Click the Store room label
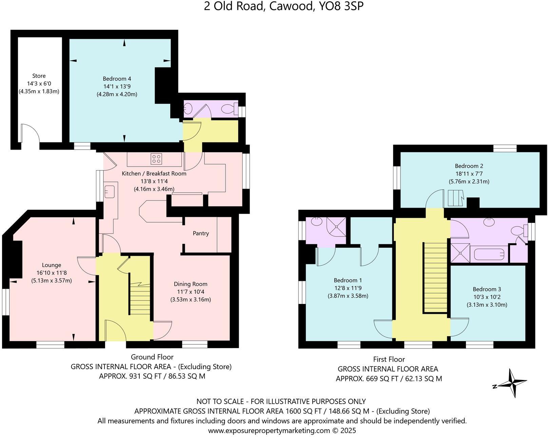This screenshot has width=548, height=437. [x=39, y=76]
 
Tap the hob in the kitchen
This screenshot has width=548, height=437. [x=156, y=158]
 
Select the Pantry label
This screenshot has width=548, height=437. [x=201, y=233]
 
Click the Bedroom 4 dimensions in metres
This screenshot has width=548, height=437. [x=117, y=94]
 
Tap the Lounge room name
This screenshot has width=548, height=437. [x=52, y=265]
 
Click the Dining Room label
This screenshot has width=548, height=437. [x=191, y=284]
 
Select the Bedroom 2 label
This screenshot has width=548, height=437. [x=469, y=166]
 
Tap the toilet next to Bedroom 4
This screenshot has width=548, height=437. [x=230, y=109]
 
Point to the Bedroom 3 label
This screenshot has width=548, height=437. [x=487, y=289]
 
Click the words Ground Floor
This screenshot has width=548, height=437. [x=152, y=357]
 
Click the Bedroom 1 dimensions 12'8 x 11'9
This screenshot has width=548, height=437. [x=348, y=288]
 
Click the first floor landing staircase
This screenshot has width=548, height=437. [x=435, y=277]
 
